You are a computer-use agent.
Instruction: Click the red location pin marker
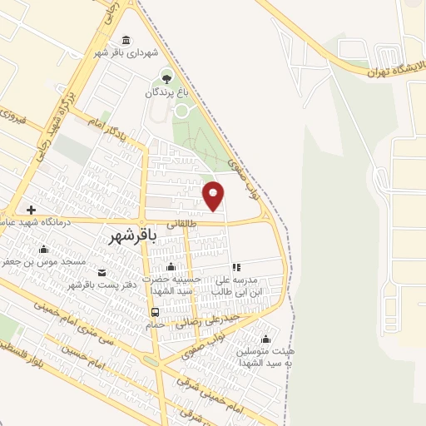tap(214, 196)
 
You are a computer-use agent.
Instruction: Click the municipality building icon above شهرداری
tap(126, 40)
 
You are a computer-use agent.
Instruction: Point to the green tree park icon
tap(167, 79)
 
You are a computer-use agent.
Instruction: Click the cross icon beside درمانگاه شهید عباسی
tap(32, 210)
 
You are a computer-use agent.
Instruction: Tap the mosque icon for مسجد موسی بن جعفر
tap(44, 248)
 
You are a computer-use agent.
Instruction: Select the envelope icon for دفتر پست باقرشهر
tap(102, 273)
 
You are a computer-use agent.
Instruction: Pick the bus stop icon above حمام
tap(155, 312)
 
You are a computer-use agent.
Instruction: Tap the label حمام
tap(155, 325)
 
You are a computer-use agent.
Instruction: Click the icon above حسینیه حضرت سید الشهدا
tap(171, 266)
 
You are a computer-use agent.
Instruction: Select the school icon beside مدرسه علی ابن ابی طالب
tap(236, 267)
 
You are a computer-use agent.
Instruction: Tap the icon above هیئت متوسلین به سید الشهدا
tap(265, 339)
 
